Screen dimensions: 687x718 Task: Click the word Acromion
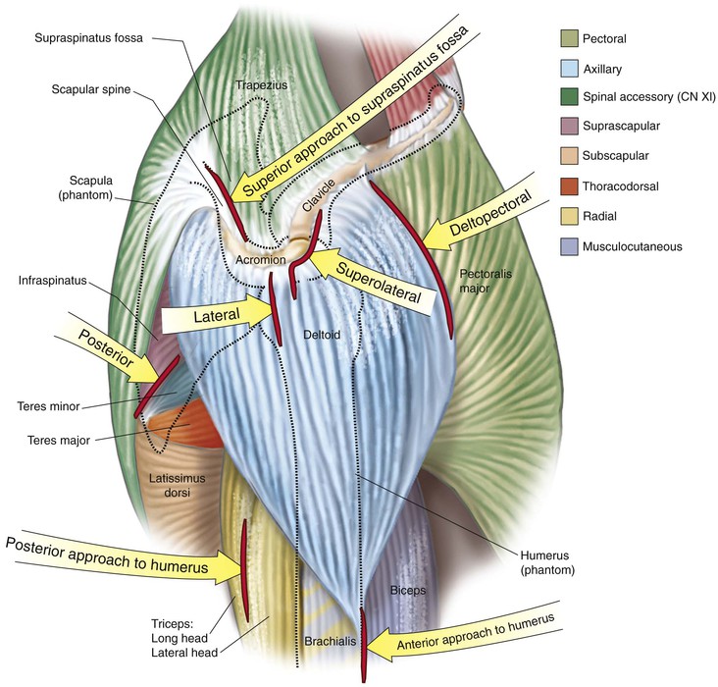pyautogui.click(x=260, y=261)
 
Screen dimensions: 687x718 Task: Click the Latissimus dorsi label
pyautogui.click(x=171, y=485)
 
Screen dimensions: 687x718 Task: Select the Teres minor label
pyautogui.click(x=47, y=403)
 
